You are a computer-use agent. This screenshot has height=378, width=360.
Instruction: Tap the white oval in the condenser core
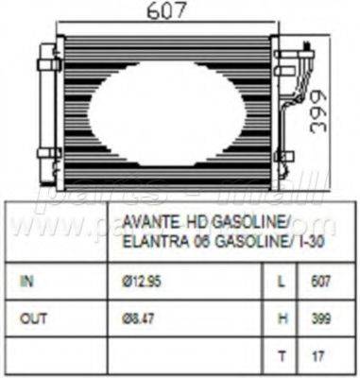[166, 112]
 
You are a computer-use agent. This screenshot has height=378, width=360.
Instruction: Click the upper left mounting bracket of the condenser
[47, 64]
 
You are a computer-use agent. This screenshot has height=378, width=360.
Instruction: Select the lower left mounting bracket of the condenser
[47, 153]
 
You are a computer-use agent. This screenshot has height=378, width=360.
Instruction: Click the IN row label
[26, 281]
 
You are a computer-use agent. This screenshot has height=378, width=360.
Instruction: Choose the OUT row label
[32, 318]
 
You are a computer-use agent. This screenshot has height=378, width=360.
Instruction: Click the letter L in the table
[282, 281]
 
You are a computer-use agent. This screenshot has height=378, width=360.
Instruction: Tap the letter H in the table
[282, 318]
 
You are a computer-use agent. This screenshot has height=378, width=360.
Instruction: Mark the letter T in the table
[282, 356]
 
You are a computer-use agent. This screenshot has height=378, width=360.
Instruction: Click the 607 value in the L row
[321, 281]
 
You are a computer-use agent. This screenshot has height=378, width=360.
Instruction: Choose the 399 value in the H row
[321, 318]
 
